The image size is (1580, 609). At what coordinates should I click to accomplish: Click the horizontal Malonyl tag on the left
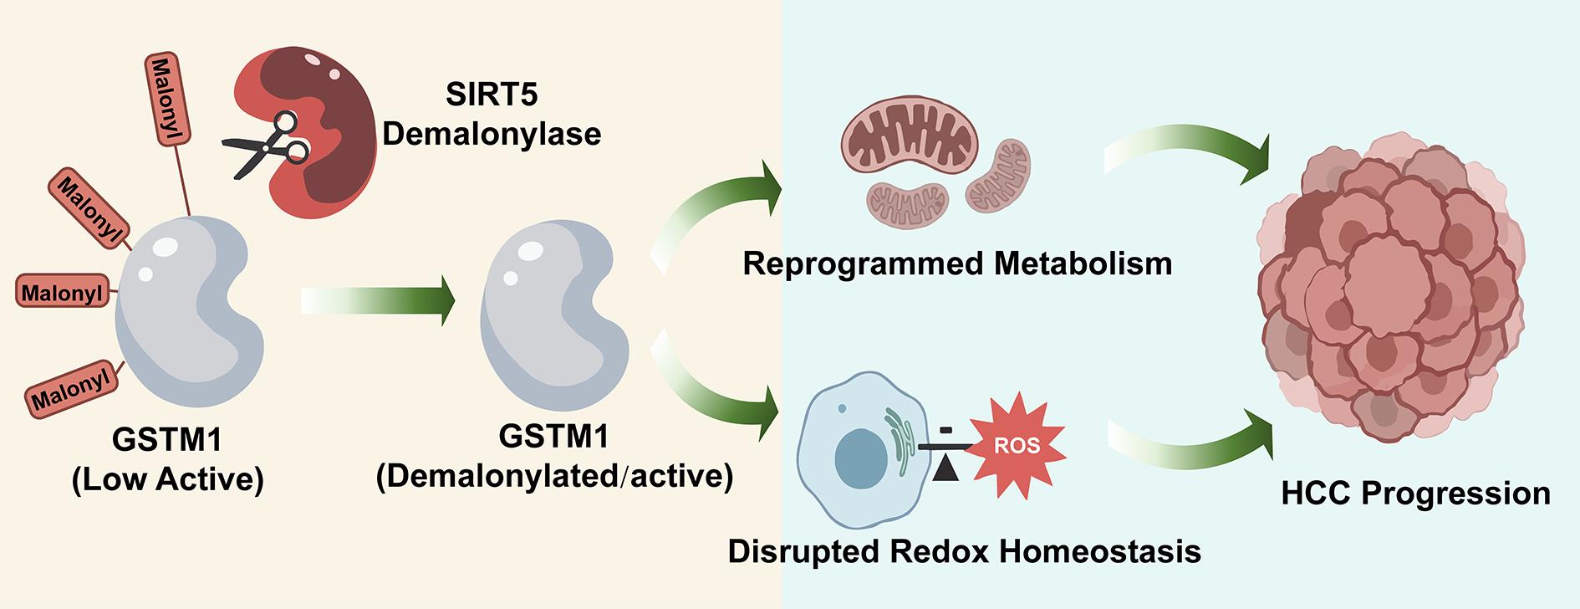click(x=64, y=293)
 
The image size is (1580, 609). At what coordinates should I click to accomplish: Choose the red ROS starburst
click(x=1016, y=445)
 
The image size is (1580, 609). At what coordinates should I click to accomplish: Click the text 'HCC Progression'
click(x=1415, y=494)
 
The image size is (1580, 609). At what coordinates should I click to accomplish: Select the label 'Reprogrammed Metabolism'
click(x=957, y=264)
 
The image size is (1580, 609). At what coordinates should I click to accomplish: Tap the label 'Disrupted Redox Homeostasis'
click(x=965, y=551)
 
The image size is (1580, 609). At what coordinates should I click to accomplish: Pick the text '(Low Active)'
click(x=168, y=479)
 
